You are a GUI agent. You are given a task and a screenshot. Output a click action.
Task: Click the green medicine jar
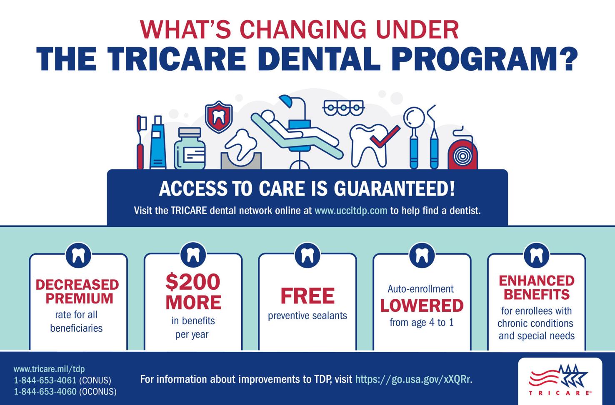[190, 150]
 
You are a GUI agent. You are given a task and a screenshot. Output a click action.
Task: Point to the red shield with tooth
[218, 118]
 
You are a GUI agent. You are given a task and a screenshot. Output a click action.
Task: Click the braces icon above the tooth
[343, 108]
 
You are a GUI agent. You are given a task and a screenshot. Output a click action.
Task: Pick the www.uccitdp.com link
[351, 211]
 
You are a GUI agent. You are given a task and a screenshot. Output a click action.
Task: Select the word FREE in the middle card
[307, 296]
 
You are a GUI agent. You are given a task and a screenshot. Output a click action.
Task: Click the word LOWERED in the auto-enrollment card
[422, 306]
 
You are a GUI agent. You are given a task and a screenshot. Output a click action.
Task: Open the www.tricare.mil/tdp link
[49, 369]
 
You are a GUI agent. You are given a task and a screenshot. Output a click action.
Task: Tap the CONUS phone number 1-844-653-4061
[45, 380]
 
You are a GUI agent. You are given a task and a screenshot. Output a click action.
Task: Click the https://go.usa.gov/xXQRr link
[412, 380]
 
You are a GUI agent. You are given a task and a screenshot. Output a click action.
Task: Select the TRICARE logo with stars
[560, 380]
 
